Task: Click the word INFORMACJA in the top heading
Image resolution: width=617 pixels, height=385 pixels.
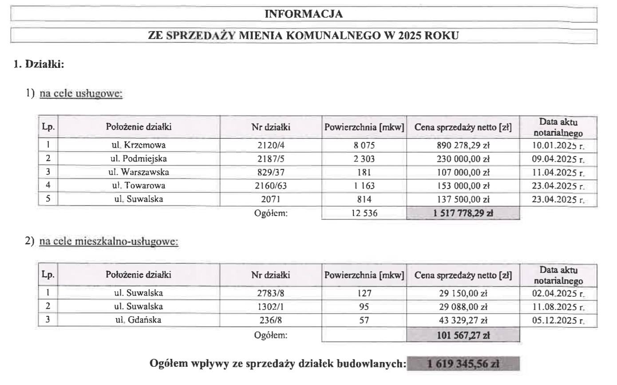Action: coord(304,14)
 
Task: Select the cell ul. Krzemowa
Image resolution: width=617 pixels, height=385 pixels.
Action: coord(138,145)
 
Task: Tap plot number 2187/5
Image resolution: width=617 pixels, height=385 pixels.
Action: coord(271,158)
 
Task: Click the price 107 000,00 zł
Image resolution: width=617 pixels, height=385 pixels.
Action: coord(463,172)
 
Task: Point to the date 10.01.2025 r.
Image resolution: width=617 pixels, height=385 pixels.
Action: coord(558,145)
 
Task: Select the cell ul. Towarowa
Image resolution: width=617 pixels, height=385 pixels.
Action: coord(138,186)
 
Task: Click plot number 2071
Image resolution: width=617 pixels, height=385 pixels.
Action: coord(271,199)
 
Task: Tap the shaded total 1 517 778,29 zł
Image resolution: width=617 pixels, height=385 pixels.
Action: coord(463,213)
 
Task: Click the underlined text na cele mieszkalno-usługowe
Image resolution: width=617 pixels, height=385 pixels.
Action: coord(109,242)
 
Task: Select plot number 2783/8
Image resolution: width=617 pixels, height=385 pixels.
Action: coord(271,293)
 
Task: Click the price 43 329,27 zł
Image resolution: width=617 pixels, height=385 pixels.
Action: coord(463,321)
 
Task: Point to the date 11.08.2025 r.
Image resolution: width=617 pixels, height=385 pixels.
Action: coord(558,307)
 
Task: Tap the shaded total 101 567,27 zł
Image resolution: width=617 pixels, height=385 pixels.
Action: coord(463,335)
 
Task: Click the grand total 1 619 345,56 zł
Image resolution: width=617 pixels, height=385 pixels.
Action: coord(463,364)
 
